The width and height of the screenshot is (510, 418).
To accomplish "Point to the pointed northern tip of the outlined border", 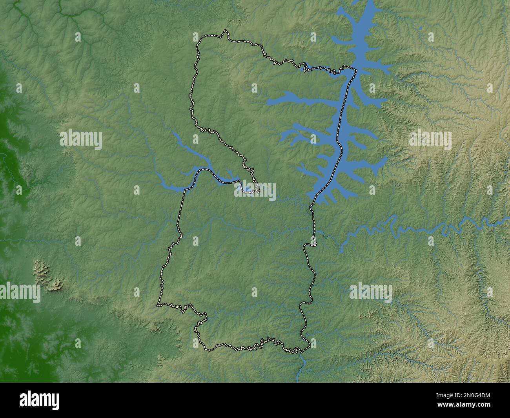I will coord(225,31).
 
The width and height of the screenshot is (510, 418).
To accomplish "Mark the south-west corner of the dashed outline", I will coord(158,304).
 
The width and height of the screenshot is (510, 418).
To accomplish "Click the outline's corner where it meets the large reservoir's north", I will coord(355,70).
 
